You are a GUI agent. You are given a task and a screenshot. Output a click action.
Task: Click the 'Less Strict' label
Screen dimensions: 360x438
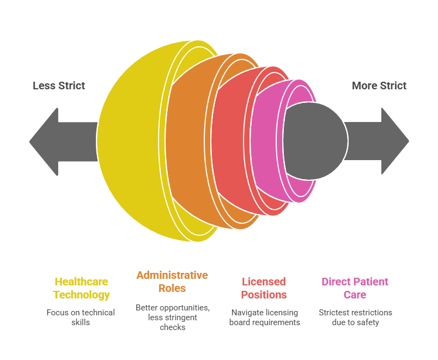(x=59, y=86)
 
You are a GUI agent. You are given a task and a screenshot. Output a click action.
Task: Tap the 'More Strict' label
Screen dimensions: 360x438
(x=379, y=86)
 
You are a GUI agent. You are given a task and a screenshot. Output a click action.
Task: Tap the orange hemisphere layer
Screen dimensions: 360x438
(x=188, y=141)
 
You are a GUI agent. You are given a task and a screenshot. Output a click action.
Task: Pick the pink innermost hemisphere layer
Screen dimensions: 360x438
(x=267, y=141)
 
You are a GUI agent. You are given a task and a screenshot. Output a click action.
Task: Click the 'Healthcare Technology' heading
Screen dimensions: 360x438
(x=81, y=288)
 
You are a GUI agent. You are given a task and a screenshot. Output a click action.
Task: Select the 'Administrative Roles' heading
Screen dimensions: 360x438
(x=172, y=282)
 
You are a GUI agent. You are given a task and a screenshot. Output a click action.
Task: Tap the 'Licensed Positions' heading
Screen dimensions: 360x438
(x=264, y=288)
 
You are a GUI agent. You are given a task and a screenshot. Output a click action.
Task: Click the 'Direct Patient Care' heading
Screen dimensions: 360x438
(x=355, y=288)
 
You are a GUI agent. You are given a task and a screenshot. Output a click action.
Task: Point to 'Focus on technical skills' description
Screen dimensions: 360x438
(x=81, y=317)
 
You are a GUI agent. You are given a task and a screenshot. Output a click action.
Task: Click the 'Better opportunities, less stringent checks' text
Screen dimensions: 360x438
(x=172, y=317)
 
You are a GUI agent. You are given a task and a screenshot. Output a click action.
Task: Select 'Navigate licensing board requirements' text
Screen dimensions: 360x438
(x=264, y=317)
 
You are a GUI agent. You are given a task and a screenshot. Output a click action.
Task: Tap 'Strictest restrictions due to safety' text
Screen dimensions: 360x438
(x=355, y=317)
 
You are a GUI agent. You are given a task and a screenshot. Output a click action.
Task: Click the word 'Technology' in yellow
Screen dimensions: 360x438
(x=81, y=295)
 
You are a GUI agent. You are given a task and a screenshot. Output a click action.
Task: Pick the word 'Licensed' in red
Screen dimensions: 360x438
(x=264, y=282)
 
